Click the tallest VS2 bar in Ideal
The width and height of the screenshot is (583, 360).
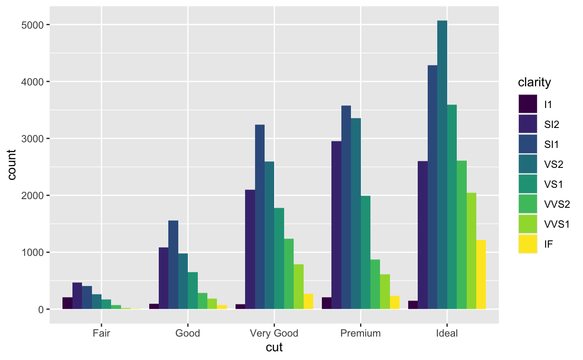442,165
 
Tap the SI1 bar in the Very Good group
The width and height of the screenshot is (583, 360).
260,217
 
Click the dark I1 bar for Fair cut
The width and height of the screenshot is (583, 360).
67,303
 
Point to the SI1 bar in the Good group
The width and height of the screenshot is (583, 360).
173,265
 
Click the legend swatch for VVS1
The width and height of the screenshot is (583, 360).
528,224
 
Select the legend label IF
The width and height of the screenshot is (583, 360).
548,244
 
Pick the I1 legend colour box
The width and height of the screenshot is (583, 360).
528,104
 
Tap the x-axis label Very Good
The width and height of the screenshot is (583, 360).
274,333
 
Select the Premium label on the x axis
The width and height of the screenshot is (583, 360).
360,333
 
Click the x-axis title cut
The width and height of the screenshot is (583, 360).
274,347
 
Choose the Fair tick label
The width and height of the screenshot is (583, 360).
101,333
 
